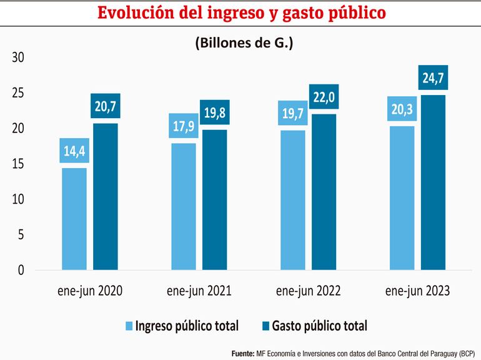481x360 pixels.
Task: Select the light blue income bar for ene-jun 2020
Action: (x=74, y=219)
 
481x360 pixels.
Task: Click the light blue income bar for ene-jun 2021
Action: (x=183, y=207)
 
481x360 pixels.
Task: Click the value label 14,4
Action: (x=74, y=151)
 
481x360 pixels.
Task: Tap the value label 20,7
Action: (x=106, y=106)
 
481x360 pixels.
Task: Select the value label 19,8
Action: (x=215, y=112)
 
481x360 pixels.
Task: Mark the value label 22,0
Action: (x=324, y=97)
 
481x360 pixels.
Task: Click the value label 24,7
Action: (x=433, y=78)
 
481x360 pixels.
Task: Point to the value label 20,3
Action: (x=402, y=109)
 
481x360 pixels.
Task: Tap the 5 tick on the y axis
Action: (x=21, y=235)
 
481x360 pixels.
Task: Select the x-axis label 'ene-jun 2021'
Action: (x=199, y=291)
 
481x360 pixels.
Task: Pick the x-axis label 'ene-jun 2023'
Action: (x=417, y=291)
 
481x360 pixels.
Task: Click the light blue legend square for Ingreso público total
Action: (x=130, y=326)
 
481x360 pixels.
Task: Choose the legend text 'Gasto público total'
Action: (x=319, y=326)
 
